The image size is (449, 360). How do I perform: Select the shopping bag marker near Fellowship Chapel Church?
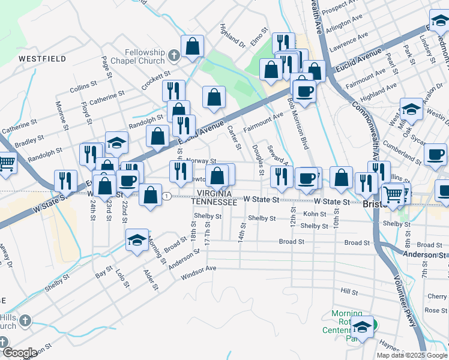pyautogui.click(x=192, y=46)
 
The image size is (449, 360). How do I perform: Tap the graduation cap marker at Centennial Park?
pyautogui.click(x=362, y=327)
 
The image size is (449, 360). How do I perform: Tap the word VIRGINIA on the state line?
pyautogui.click(x=215, y=194)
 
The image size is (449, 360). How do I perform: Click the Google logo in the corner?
pyautogui.click(x=19, y=353)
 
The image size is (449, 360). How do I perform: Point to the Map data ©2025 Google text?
pyautogui.click(x=412, y=355)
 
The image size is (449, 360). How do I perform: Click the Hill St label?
pyautogui.click(x=349, y=292)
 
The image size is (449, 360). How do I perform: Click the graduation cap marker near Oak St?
pyautogui.click(x=411, y=109)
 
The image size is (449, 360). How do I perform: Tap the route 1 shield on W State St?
pyautogui.click(x=169, y=196)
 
